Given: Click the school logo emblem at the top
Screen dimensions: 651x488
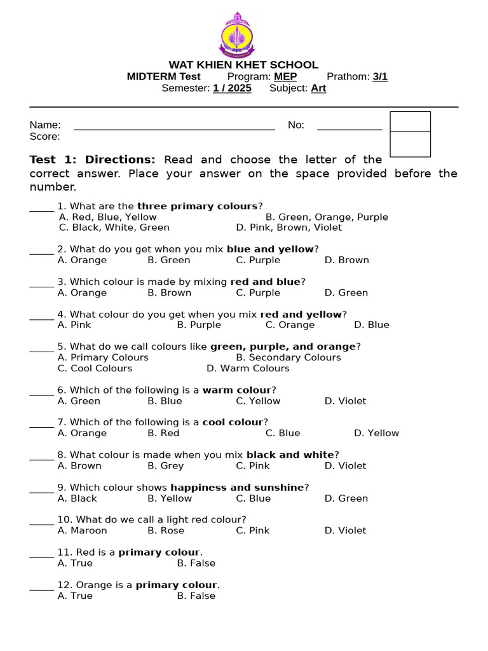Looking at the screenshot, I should [236, 35].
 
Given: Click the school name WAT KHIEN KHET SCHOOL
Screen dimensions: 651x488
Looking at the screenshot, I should [243, 65].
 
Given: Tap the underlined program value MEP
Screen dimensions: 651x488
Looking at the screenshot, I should [285, 77].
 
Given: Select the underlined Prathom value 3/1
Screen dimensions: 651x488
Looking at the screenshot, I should [380, 77].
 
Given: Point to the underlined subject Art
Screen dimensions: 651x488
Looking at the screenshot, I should [318, 88].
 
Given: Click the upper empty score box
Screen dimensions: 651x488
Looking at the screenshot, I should [410, 121].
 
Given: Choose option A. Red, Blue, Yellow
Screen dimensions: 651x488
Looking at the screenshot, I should [107, 217].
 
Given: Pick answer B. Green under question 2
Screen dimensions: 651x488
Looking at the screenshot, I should [169, 260].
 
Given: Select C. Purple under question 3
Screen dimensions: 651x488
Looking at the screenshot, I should [258, 292].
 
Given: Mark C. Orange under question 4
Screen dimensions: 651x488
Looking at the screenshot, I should [290, 325].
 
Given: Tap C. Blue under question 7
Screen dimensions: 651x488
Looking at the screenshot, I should [283, 433].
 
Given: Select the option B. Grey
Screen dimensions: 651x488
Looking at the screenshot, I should [166, 465].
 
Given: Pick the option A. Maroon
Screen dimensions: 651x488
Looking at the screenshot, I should [83, 530].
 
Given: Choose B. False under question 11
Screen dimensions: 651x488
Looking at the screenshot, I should [196, 563].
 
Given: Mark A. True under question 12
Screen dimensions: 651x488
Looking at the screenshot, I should [75, 596].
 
